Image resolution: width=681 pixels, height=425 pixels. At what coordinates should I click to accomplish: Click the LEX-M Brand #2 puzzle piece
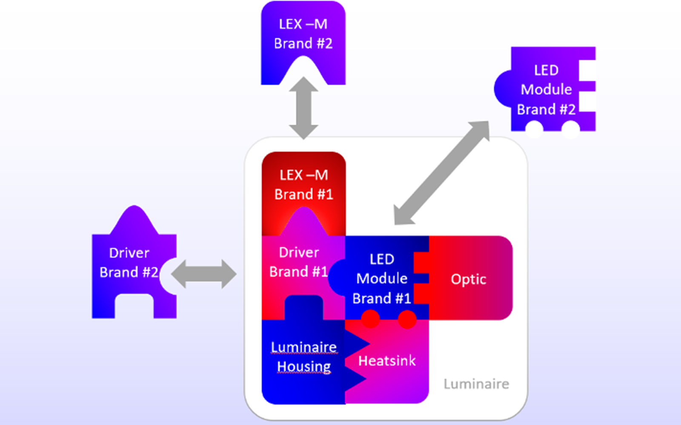pos(303,34)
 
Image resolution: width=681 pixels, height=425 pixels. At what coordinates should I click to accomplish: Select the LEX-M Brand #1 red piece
pos(303,185)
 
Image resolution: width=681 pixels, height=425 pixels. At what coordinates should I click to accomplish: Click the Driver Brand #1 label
pos(298,262)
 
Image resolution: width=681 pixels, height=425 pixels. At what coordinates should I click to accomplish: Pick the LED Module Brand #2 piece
pos(547,90)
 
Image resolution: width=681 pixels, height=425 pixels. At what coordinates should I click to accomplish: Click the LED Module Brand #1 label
pos(382,279)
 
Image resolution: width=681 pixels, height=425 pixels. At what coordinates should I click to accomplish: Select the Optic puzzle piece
pos(469,279)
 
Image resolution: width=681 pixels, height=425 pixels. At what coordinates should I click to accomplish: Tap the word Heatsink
pos(387,361)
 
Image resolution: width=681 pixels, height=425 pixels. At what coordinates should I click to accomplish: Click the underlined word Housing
pos(304,366)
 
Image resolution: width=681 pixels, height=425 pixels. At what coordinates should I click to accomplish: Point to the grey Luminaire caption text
pos(476,384)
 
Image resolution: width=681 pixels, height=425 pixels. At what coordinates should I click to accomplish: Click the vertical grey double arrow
pos(303,108)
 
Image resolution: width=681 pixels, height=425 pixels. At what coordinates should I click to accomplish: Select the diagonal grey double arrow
pos(441,173)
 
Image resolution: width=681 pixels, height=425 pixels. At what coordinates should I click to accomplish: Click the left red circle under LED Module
pos(370,319)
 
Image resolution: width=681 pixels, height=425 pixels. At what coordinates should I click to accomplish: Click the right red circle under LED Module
pos(407,319)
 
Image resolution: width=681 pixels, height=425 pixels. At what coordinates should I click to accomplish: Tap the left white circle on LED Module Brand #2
pos(534,128)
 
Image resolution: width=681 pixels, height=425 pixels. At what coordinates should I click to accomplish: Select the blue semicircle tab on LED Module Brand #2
pos(503,89)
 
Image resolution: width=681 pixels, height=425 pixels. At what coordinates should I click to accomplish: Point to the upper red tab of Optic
pos(421,262)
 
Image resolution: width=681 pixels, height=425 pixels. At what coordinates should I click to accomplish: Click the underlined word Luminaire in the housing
pos(304,347)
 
